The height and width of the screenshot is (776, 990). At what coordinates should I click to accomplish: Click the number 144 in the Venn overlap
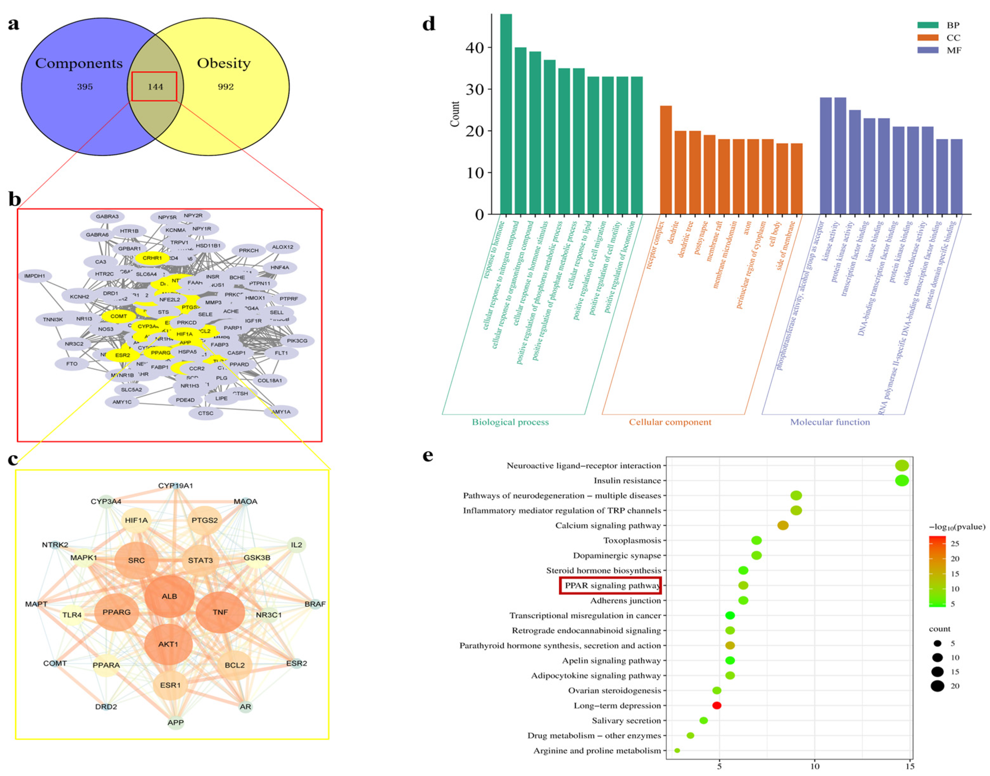click(x=155, y=87)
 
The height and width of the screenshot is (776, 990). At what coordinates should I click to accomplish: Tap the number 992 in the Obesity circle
click(x=225, y=87)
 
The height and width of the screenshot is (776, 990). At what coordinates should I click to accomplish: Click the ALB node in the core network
click(x=169, y=596)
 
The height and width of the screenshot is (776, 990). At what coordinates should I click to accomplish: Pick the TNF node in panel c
click(x=220, y=612)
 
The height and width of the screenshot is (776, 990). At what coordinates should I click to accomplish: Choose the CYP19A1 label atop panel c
click(x=175, y=486)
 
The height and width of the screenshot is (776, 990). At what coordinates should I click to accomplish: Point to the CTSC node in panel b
click(x=206, y=413)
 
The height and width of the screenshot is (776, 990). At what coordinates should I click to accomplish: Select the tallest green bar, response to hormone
click(x=506, y=114)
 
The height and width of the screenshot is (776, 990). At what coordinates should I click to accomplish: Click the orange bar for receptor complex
click(x=666, y=160)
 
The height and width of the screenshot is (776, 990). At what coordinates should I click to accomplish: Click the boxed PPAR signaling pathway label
click(x=610, y=585)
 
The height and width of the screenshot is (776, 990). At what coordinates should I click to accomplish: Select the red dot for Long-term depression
click(x=717, y=705)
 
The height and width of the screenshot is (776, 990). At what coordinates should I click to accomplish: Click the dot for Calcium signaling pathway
click(x=782, y=526)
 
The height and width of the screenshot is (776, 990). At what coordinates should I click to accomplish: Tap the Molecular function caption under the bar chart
click(x=830, y=422)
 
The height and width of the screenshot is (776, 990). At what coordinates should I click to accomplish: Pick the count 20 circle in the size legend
click(x=937, y=686)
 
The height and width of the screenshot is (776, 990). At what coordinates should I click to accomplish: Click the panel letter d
click(x=429, y=24)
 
